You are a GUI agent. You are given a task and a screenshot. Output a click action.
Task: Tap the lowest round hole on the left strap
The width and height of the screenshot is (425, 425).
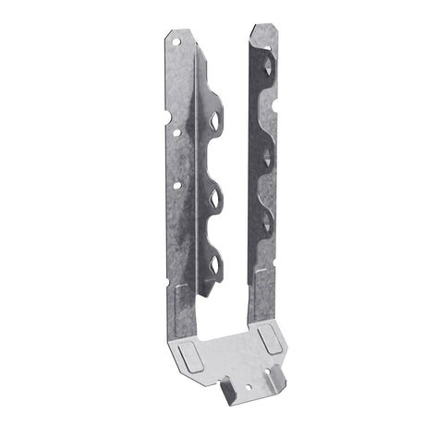[176, 186]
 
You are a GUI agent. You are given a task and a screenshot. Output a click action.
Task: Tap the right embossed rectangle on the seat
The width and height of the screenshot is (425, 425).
[269, 340]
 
